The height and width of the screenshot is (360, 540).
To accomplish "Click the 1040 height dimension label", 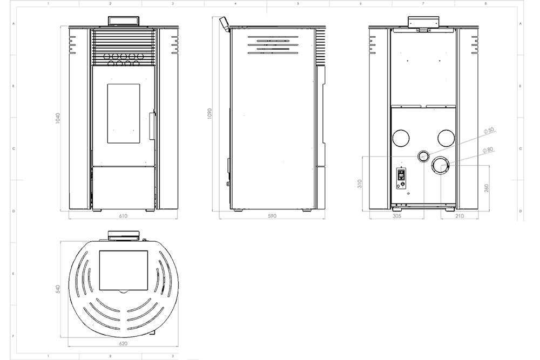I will pyautogui.click(x=58, y=118).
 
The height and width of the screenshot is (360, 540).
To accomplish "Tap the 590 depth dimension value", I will pyautogui.click(x=272, y=216).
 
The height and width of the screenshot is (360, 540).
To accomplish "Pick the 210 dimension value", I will pyautogui.click(x=460, y=216).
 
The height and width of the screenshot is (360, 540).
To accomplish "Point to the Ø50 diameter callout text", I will pyautogui.click(x=489, y=131).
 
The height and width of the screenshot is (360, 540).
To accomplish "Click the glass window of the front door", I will pyautogui.click(x=124, y=113).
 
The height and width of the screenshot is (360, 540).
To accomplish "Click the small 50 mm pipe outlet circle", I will pyautogui.click(x=423, y=156).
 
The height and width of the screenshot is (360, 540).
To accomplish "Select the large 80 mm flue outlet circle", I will pyautogui.click(x=441, y=166).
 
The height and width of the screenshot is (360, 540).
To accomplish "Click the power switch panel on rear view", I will pyautogui.click(x=401, y=176).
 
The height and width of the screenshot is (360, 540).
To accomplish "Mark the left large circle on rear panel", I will pyautogui.click(x=401, y=138).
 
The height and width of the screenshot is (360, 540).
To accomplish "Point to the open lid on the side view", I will pyautogui.click(x=223, y=23).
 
